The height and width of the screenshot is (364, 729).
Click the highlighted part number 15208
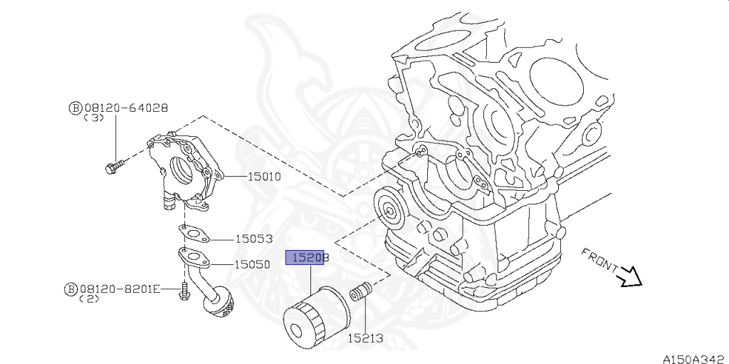(306, 257)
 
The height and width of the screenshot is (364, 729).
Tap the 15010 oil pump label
(263, 176)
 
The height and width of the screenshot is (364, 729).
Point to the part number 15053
(254, 239)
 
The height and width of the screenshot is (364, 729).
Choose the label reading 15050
(253, 264)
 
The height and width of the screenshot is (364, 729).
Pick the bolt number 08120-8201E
(120, 288)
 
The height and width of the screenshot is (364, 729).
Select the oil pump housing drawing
(184, 169)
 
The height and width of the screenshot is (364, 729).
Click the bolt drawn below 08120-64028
(112, 168)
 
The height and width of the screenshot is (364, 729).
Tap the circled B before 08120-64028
(75, 108)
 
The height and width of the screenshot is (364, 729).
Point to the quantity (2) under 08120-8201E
(90, 299)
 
